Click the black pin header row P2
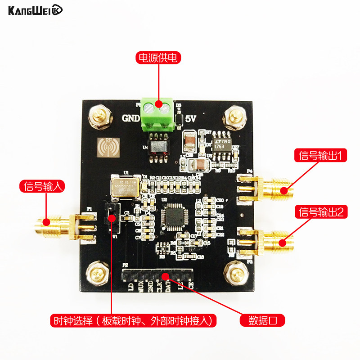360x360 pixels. (157, 275)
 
